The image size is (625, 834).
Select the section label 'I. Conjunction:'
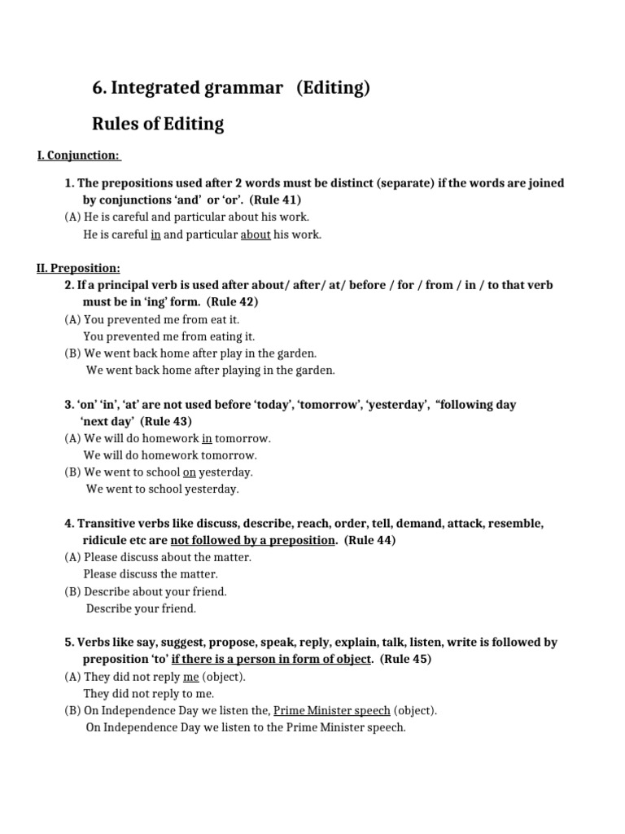[x=79, y=155]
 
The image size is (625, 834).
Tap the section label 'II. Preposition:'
[x=79, y=268]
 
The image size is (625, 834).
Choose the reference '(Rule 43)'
[x=166, y=421]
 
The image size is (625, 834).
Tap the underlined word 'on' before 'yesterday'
[x=190, y=472]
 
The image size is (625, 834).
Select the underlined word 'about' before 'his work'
[x=256, y=235]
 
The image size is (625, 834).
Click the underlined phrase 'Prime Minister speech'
[x=331, y=710]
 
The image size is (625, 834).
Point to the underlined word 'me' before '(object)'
[x=191, y=676]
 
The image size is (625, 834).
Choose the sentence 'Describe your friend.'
[x=141, y=608]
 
